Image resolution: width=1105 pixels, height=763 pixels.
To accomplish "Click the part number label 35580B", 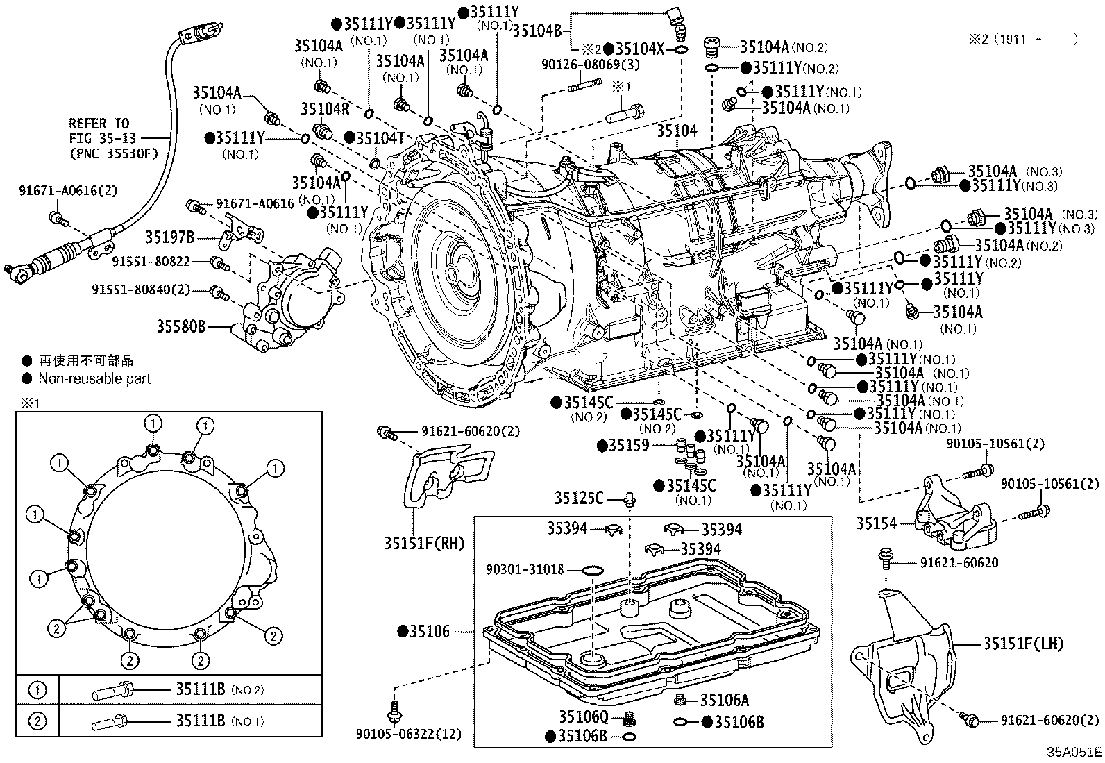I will (x=180, y=325).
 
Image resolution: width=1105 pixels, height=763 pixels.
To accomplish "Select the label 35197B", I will (x=169, y=237).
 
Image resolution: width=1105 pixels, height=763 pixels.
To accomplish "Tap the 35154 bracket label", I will (x=876, y=523).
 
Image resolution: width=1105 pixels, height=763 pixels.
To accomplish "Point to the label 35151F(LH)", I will (x=1023, y=644).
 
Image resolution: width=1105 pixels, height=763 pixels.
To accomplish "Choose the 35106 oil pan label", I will (x=429, y=631).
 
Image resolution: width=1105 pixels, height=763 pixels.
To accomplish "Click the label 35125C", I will (x=578, y=498).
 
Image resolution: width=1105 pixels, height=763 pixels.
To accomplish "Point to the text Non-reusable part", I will (x=94, y=378).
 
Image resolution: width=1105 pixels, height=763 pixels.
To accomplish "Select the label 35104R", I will (x=325, y=108).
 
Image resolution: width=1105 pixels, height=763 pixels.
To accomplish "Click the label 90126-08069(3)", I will (x=591, y=65).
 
